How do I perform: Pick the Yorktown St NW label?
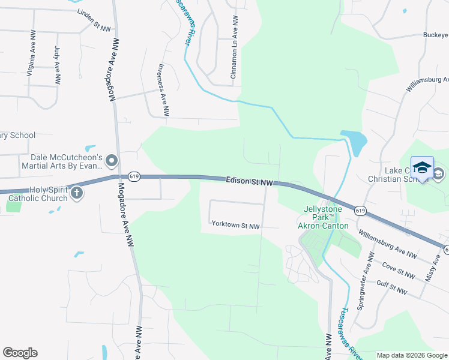pyautogui.click(x=235, y=225)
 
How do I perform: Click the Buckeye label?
pyautogui.click(x=435, y=35)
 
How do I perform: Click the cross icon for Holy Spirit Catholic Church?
pyautogui.click(x=77, y=193)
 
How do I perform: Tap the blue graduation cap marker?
pyautogui.click(x=422, y=167)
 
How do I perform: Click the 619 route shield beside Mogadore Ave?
pyautogui.click(x=134, y=177)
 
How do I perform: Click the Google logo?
pyautogui.click(x=20, y=353)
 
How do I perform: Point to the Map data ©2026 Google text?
pyautogui.click(x=412, y=355)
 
